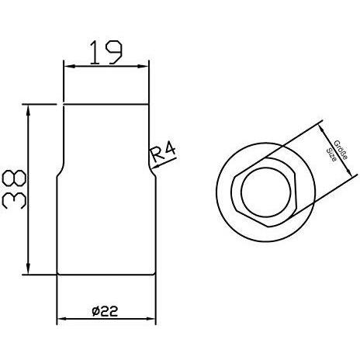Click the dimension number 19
pyautogui.click(x=106, y=53)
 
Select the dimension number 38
pyautogui.click(x=14, y=189)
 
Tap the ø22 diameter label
pyautogui.click(x=105, y=311)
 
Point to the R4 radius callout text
pyautogui.click(x=163, y=153)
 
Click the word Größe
pyautogui.click(x=341, y=150)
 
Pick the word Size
pyautogui.click(x=331, y=155)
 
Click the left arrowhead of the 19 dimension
pyautogui.click(x=69, y=67)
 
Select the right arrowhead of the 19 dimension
pyautogui.click(x=143, y=67)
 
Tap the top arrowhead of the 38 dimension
pyautogui.click(x=28, y=110)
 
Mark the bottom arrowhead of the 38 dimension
pyautogui.click(x=28, y=268)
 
